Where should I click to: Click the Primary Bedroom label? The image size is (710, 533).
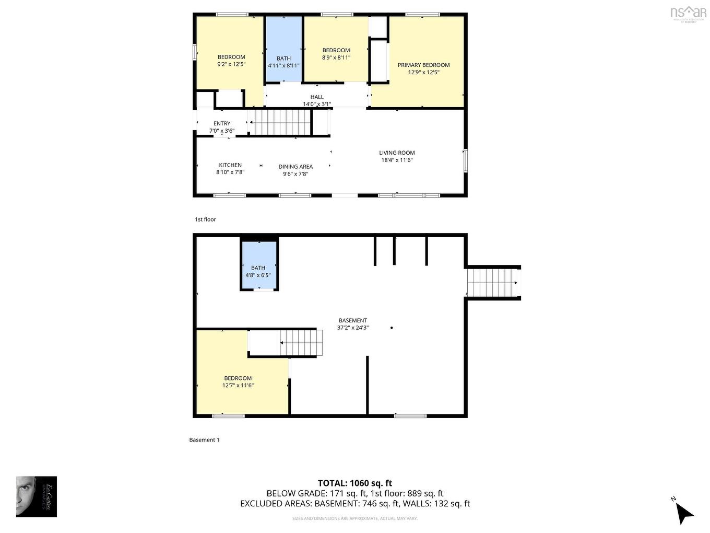point(423,65)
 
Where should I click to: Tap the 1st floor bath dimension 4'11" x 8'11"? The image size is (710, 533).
point(283,66)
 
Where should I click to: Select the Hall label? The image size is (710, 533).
point(317,97)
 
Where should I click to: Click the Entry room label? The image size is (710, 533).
point(222,123)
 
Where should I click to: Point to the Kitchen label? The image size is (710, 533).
point(230,165)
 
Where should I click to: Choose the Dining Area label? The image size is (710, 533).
point(295,167)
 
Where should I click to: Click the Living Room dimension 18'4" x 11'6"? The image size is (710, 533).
point(397,160)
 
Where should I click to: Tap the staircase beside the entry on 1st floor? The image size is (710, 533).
point(280,122)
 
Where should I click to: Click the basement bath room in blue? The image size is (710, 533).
point(258,264)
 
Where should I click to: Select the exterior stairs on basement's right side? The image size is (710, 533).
point(492,283)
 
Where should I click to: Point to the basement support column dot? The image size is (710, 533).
point(392,328)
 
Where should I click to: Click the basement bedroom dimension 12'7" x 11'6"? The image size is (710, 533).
point(238,386)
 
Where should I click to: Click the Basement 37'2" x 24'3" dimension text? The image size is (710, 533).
point(353,328)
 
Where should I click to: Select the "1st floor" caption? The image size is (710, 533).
point(205,219)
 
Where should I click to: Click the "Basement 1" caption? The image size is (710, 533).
point(204,440)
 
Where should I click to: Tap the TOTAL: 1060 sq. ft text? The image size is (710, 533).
point(355,483)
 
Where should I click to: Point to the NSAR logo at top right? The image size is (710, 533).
point(688,13)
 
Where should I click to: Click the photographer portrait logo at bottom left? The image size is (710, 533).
point(37,496)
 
